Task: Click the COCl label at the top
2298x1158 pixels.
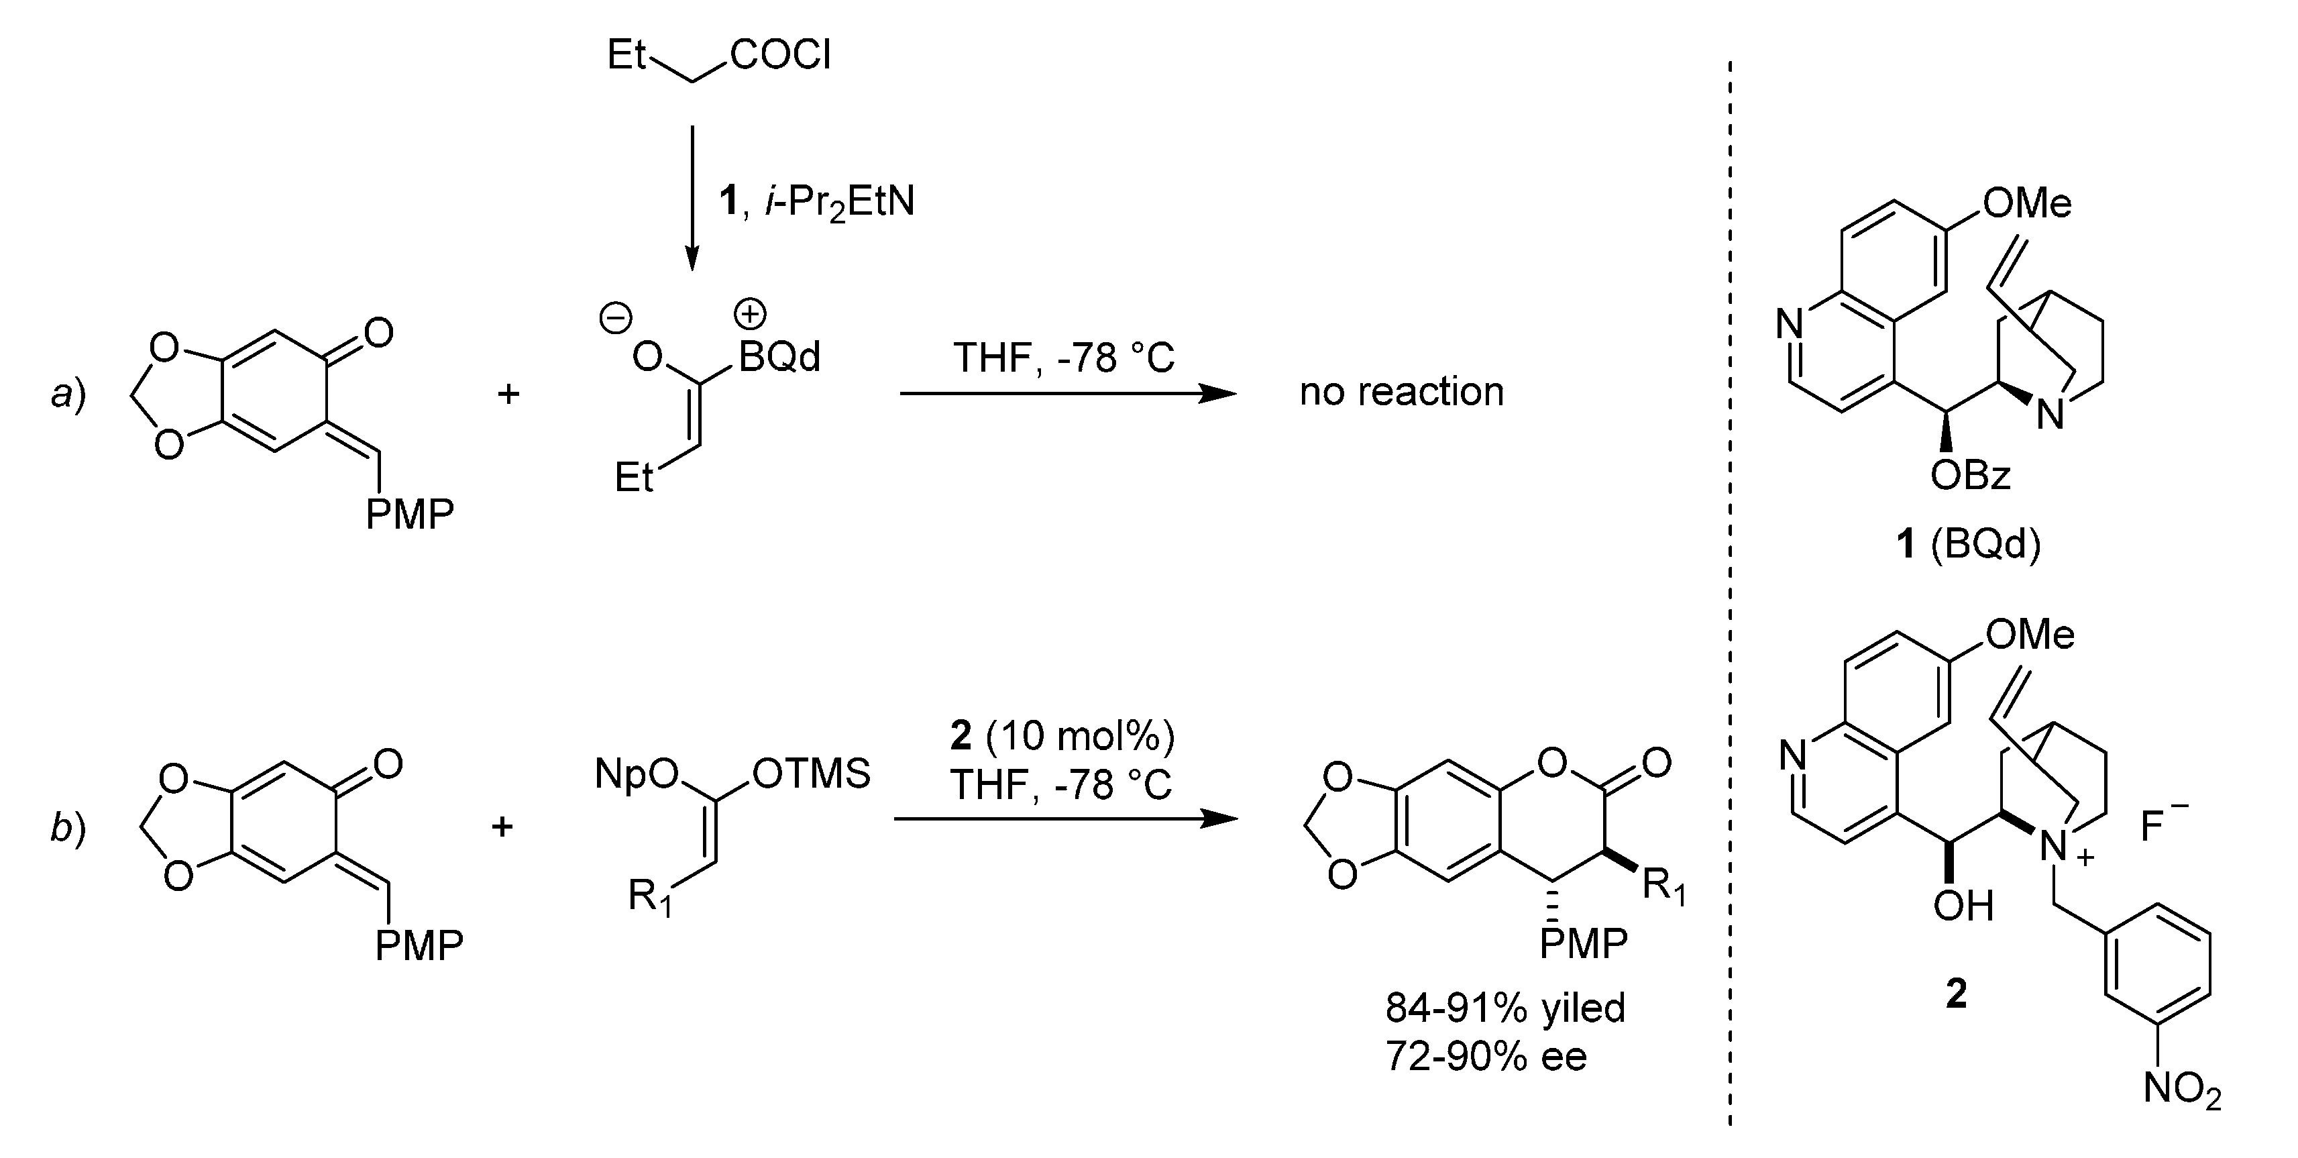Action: [x=781, y=55]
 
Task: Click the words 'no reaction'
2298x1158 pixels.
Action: [x=1401, y=392]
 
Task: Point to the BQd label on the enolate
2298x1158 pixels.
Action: [x=779, y=358]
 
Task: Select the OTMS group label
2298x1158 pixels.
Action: [x=811, y=774]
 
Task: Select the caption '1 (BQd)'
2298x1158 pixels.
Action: [x=1968, y=543]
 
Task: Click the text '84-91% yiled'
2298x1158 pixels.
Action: [x=1505, y=1008]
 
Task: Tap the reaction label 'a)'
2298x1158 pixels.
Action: [x=68, y=392]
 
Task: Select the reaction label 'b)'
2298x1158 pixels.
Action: [x=68, y=827]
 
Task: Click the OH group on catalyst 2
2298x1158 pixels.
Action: [x=1963, y=906]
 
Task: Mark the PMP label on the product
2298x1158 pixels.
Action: [x=1584, y=943]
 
